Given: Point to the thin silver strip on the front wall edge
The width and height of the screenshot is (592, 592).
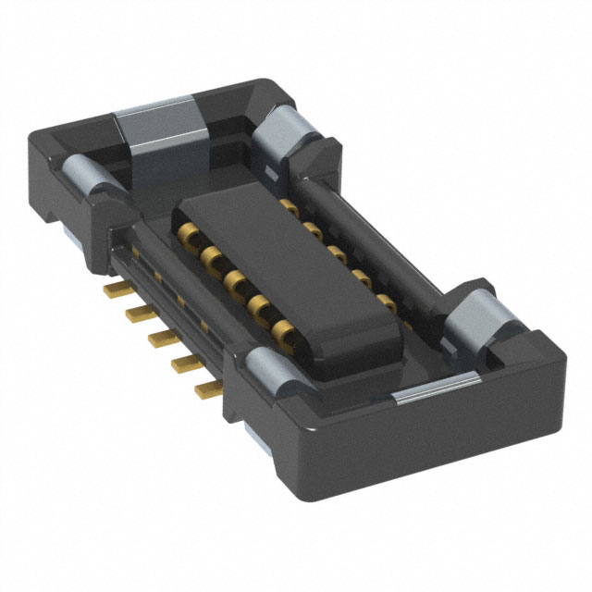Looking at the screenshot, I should [435, 396].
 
